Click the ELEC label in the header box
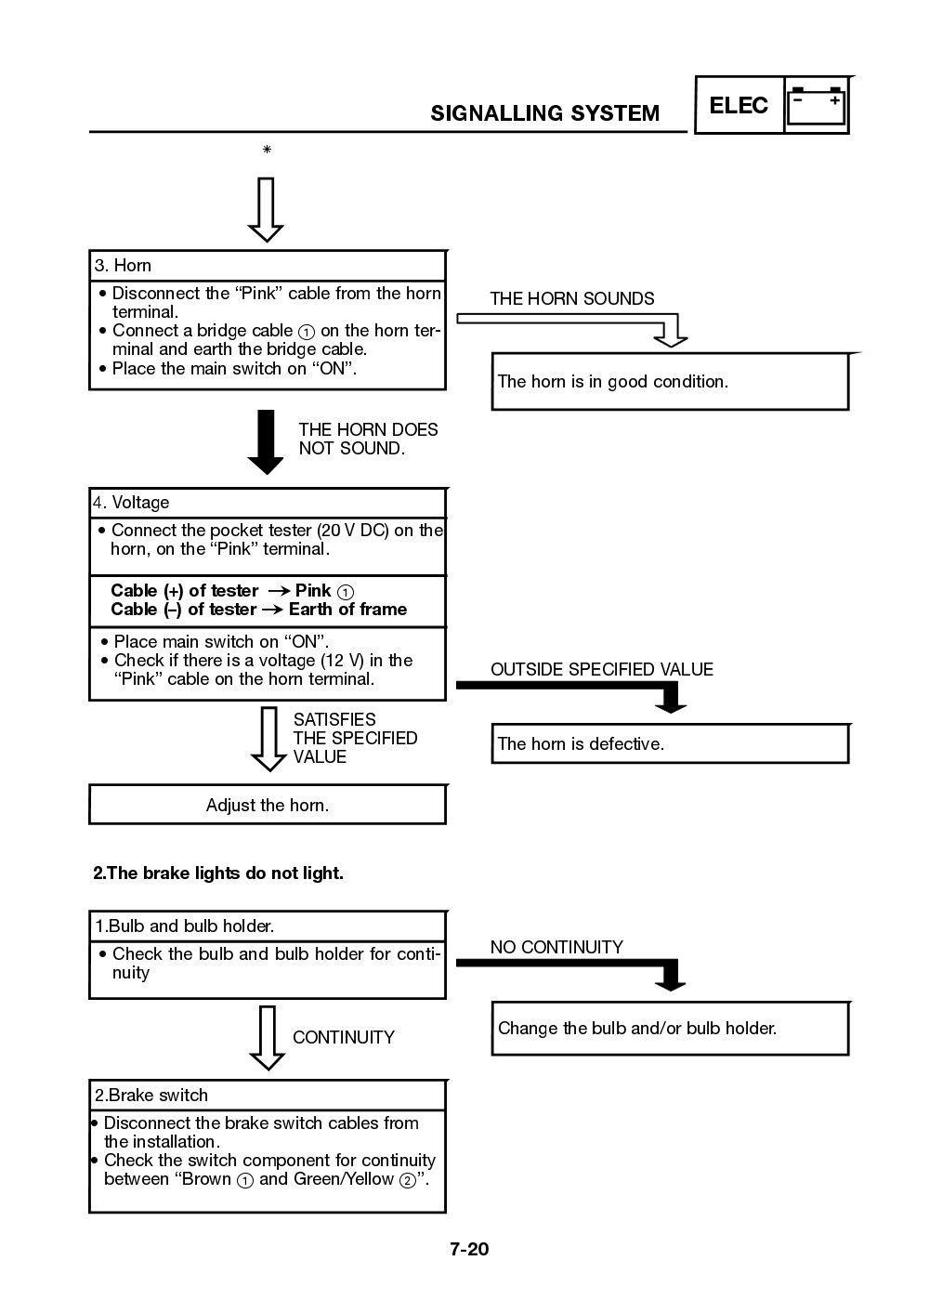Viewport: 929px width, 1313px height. point(739,106)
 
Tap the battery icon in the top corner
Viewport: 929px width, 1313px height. point(817,106)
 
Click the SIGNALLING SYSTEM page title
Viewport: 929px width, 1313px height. point(544,113)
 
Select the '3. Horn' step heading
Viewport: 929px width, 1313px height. point(123,266)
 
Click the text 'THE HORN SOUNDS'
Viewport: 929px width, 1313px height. point(571,298)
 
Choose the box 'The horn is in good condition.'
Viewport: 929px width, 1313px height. point(669,381)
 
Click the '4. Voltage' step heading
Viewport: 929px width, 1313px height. point(131,503)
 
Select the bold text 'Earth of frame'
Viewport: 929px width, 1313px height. point(347,610)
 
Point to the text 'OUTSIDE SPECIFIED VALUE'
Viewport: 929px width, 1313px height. point(601,669)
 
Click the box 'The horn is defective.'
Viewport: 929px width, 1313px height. point(669,743)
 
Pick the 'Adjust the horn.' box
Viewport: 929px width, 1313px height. point(267,805)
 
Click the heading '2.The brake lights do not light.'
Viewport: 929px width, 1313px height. point(218,873)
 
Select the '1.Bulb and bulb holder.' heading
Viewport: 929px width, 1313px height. point(184,926)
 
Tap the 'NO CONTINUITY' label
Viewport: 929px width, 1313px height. point(556,947)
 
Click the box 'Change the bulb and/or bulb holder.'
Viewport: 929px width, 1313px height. point(669,1028)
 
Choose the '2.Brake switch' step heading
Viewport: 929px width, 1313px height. point(150,1096)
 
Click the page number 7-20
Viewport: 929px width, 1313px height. point(469,1249)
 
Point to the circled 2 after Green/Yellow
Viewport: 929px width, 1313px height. point(407,1180)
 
